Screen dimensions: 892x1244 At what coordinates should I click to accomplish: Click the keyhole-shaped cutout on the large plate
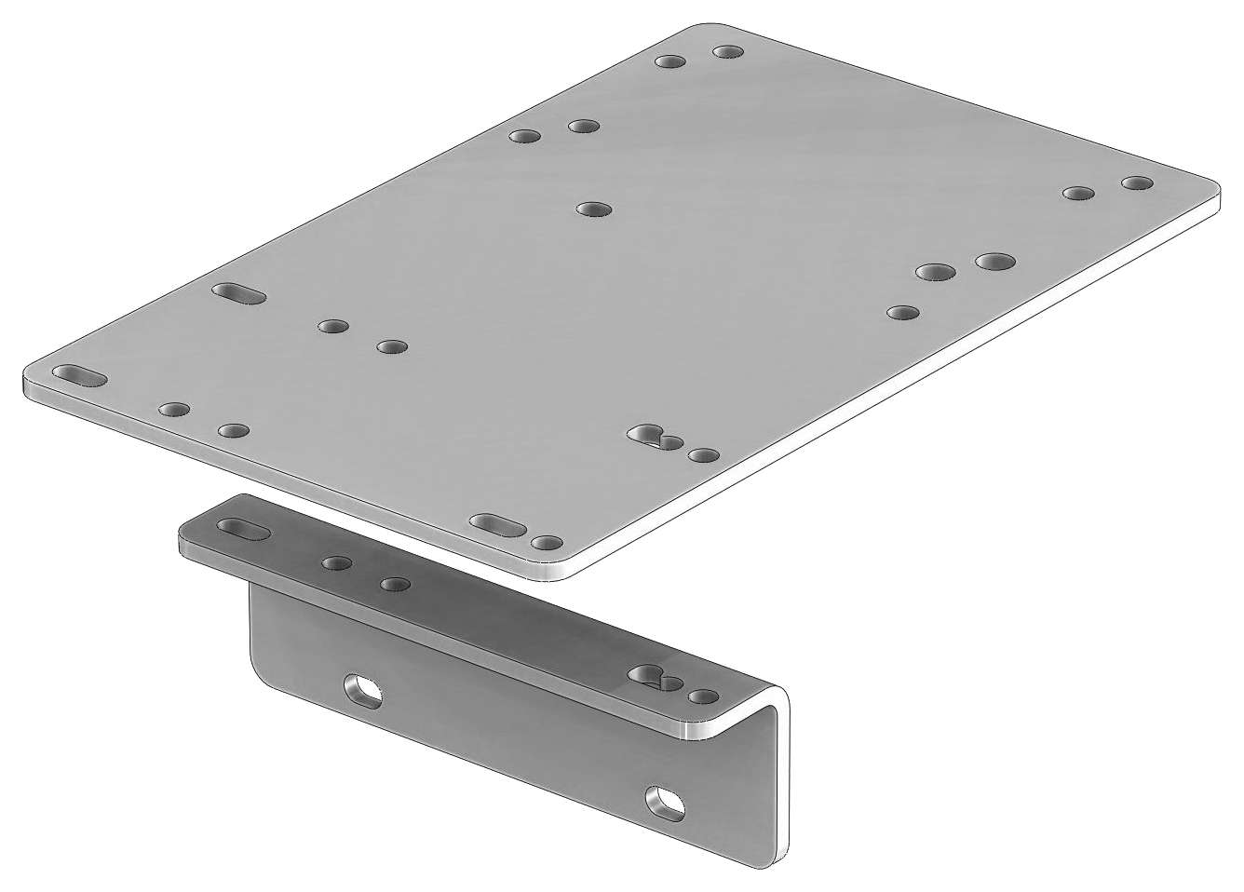653,436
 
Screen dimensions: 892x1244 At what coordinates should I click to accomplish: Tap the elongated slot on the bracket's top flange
244,529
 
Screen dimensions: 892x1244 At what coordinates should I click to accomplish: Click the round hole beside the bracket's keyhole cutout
703,696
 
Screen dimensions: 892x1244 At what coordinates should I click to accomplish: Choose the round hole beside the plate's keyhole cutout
704,455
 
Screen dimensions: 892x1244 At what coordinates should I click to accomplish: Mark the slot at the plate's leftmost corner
79,375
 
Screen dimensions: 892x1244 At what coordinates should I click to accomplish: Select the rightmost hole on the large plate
1136,182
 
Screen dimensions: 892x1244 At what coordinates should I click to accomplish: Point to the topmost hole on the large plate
727,50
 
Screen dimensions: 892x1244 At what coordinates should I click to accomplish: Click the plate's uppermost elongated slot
239,293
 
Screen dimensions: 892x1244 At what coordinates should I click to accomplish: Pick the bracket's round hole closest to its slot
337,563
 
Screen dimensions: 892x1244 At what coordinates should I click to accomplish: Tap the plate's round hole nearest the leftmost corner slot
174,409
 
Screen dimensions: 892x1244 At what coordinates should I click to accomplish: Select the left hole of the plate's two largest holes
935,272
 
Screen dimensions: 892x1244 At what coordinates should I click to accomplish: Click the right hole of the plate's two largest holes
994,260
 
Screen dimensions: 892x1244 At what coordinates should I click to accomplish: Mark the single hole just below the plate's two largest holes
902,312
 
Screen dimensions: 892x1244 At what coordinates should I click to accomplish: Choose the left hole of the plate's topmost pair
669,62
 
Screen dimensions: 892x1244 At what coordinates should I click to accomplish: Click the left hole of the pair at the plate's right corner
1078,194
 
